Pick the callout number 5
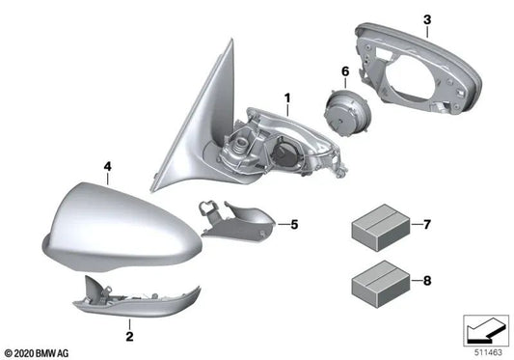point(295,224)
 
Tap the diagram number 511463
point(486,349)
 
